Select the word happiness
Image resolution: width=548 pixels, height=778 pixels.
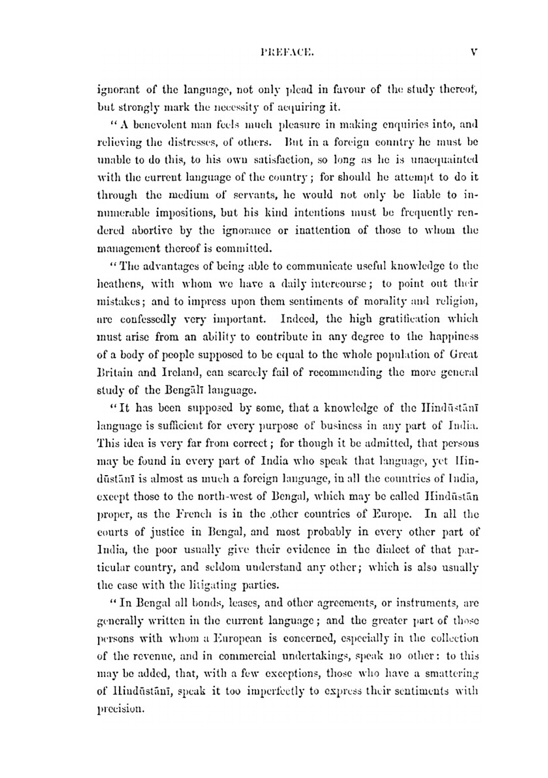451,337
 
